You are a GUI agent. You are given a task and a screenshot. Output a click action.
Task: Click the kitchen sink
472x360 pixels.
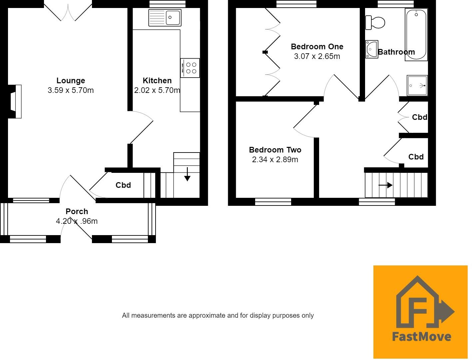point(165,18)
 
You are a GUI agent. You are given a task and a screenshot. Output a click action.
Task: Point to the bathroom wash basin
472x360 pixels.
point(372,49)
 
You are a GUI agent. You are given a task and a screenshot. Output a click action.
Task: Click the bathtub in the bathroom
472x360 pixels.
point(416,35)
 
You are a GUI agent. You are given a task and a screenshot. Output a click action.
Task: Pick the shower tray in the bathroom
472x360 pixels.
point(417,86)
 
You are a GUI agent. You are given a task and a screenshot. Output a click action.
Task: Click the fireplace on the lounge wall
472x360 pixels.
point(15,102)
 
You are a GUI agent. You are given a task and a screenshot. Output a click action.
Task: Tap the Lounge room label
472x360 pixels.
point(71,81)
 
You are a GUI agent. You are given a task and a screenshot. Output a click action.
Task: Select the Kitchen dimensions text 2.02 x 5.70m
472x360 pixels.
point(157,90)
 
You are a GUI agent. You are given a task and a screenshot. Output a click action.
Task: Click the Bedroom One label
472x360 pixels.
point(317,47)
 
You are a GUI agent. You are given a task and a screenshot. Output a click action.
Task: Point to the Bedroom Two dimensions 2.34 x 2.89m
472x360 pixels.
point(275,160)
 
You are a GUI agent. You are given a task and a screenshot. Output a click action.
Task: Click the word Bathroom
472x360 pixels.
point(396,52)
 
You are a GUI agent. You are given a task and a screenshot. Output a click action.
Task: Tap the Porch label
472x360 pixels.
point(77,211)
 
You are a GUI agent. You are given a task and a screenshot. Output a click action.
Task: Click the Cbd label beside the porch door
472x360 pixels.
point(123,185)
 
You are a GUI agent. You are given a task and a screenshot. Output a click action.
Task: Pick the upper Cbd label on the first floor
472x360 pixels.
point(419,117)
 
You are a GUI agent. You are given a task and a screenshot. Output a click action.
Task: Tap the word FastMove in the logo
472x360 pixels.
point(421,336)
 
